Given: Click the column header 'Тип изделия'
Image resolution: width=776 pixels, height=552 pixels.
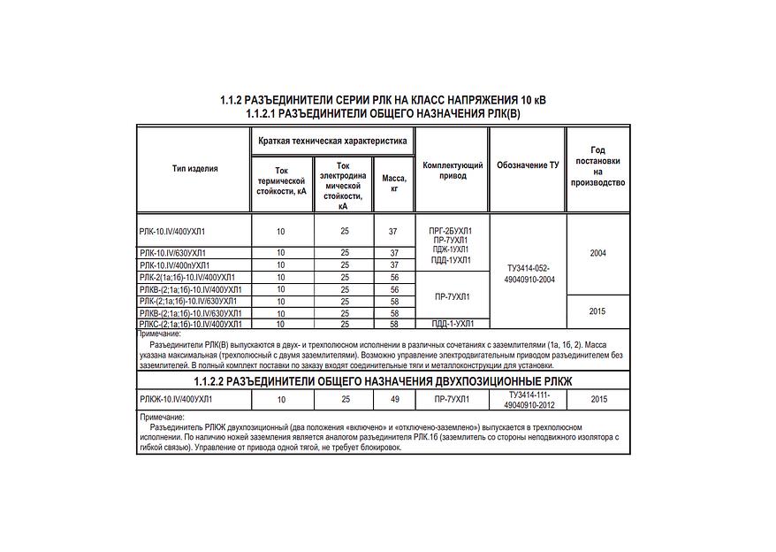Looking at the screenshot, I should click(194, 168).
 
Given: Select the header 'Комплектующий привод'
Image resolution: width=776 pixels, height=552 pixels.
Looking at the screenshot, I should click(453, 170).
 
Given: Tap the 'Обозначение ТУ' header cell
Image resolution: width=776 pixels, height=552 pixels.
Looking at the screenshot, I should click(527, 165).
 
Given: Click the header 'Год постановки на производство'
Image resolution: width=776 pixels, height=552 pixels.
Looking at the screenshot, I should click(597, 166).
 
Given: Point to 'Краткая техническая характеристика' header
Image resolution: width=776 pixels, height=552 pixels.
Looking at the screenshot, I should click(332, 141).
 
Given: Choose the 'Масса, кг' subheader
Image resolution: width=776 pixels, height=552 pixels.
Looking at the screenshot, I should click(394, 183).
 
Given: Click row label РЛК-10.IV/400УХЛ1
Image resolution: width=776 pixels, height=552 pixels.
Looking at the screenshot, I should click(179, 231).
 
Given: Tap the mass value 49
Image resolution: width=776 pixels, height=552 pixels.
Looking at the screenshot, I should click(394, 400).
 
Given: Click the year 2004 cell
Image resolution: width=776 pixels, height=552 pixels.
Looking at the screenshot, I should click(597, 253).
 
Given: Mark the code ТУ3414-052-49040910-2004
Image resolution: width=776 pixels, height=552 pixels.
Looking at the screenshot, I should click(527, 273).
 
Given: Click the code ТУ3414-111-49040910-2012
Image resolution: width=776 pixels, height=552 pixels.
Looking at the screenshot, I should click(527, 399).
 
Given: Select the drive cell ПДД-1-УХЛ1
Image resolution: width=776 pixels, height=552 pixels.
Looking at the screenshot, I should click(453, 325).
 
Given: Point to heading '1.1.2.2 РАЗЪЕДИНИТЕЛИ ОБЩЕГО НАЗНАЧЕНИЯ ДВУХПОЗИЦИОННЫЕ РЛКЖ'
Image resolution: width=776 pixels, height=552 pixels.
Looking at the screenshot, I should click(383, 380).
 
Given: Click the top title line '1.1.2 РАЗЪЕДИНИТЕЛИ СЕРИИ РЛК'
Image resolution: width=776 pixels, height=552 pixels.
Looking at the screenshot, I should click(383, 100).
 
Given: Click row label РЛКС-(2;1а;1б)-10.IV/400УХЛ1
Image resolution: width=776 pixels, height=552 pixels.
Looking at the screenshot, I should click(192, 325).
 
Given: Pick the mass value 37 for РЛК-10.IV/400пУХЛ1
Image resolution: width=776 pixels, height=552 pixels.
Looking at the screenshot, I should click(394, 265).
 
